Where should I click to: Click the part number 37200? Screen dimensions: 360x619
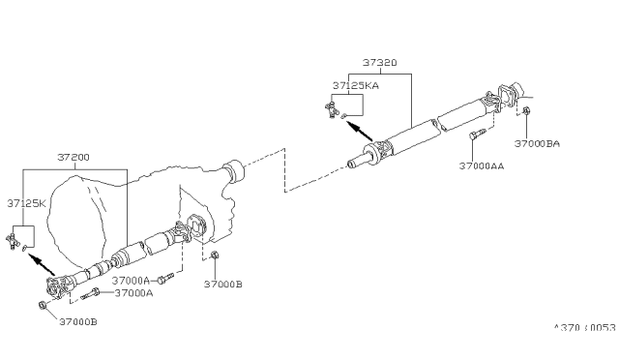74,157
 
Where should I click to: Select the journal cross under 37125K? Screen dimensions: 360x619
15,238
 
